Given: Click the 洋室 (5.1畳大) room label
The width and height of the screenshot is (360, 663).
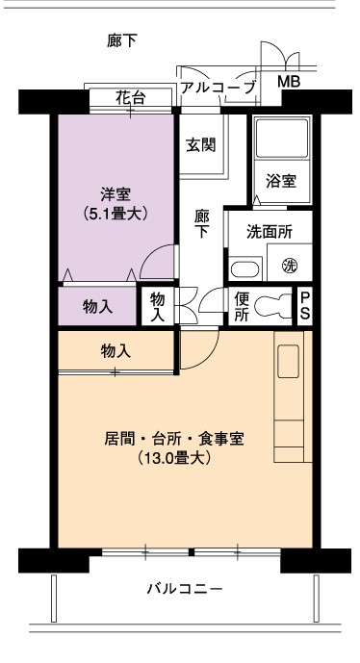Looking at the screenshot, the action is (116, 204).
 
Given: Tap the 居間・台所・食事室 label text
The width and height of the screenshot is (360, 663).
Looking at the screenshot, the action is (174, 439).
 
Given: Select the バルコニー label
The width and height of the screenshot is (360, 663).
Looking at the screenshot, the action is (185, 589).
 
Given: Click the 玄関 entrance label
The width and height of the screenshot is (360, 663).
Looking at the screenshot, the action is (201, 144).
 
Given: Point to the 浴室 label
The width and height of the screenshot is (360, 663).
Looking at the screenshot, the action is (281, 181).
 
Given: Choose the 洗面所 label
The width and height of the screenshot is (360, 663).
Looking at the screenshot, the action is (270, 232).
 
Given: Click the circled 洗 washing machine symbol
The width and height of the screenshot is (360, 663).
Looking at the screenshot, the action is (290, 266).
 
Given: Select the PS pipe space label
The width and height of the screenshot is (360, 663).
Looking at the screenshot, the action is (305, 306).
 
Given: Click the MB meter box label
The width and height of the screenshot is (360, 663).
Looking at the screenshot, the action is (289, 81).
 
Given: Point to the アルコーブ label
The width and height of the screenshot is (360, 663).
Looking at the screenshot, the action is (219, 88).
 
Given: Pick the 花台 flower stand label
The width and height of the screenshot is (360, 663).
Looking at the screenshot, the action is (131, 98).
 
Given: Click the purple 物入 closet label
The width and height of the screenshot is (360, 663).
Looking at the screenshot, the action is (98, 307).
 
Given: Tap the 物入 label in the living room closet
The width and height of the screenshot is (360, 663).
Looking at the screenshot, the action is (116, 351).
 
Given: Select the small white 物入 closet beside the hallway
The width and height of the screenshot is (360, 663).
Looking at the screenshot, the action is (157, 306).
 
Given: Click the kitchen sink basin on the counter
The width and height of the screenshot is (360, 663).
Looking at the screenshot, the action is (288, 361).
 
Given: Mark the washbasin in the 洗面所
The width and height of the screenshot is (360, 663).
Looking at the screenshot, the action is (244, 269).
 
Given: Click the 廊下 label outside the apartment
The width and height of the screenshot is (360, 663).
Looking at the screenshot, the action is (122, 41).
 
